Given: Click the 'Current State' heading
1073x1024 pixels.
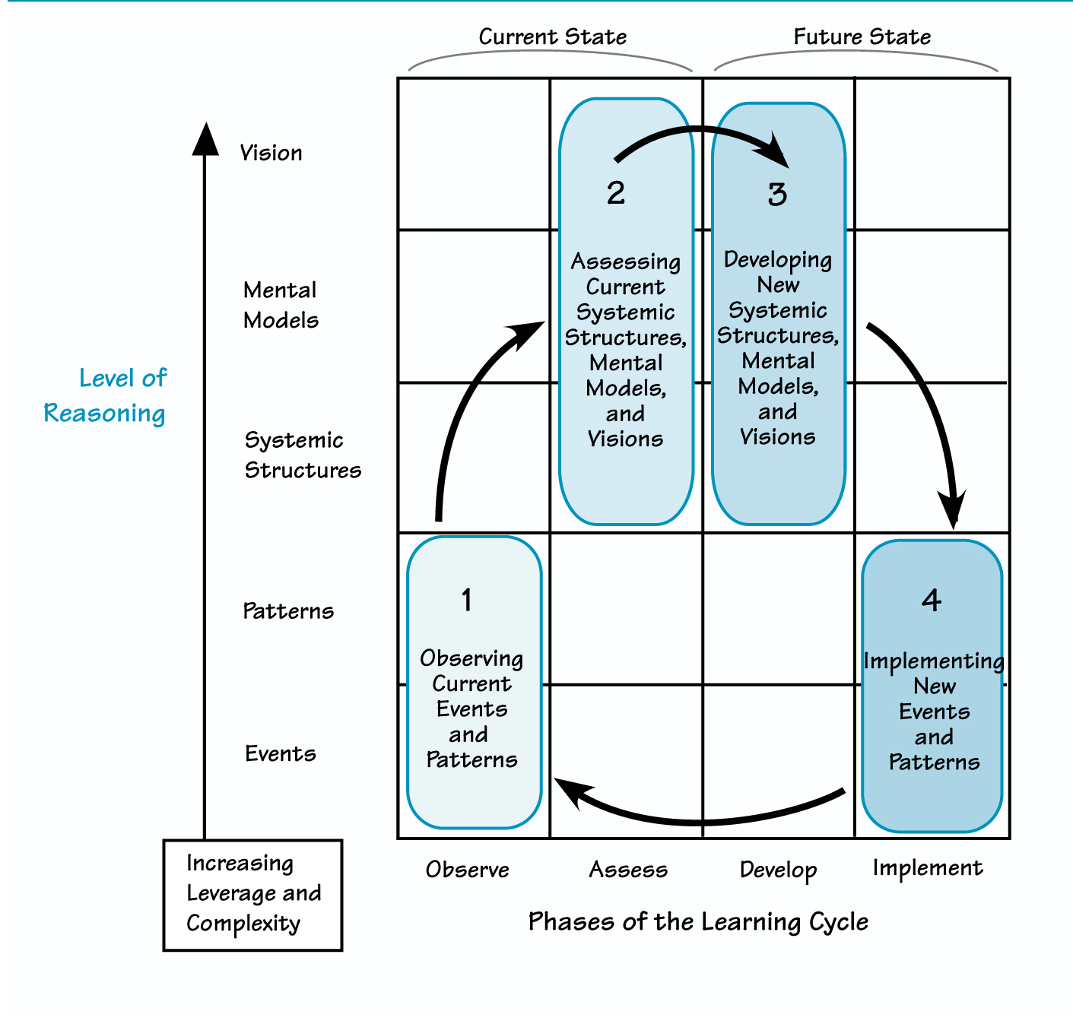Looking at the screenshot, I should (552, 36).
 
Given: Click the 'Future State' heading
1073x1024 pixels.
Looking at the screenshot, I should (862, 36).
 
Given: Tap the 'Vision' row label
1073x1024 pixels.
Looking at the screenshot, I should (271, 153).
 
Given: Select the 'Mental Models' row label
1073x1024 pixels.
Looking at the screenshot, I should (281, 305).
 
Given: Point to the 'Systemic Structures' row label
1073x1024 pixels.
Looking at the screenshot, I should (302, 455).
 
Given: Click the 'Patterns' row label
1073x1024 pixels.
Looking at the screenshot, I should (288, 611).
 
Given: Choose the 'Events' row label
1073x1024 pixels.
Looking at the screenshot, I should (281, 753).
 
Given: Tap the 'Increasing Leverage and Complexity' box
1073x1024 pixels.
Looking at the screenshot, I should (252, 894).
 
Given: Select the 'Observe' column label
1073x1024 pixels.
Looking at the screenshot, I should (467, 870).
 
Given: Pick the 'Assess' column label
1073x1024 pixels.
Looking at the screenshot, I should (628, 870).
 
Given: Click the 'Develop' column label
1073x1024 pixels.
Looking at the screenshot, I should (778, 870).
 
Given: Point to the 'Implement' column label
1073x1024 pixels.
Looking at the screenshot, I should (928, 868).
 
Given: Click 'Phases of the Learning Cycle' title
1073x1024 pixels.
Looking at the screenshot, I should (698, 921).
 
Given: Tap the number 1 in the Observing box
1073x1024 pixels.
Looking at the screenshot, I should (467, 601).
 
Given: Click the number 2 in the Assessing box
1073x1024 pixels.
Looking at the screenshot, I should (616, 193).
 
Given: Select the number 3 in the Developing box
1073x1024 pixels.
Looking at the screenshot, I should (777, 195).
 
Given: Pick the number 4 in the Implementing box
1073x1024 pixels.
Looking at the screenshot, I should (932, 601).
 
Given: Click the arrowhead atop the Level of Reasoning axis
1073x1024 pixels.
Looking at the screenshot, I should (205, 138).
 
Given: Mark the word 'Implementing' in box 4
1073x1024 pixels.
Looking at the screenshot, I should (933, 661).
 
